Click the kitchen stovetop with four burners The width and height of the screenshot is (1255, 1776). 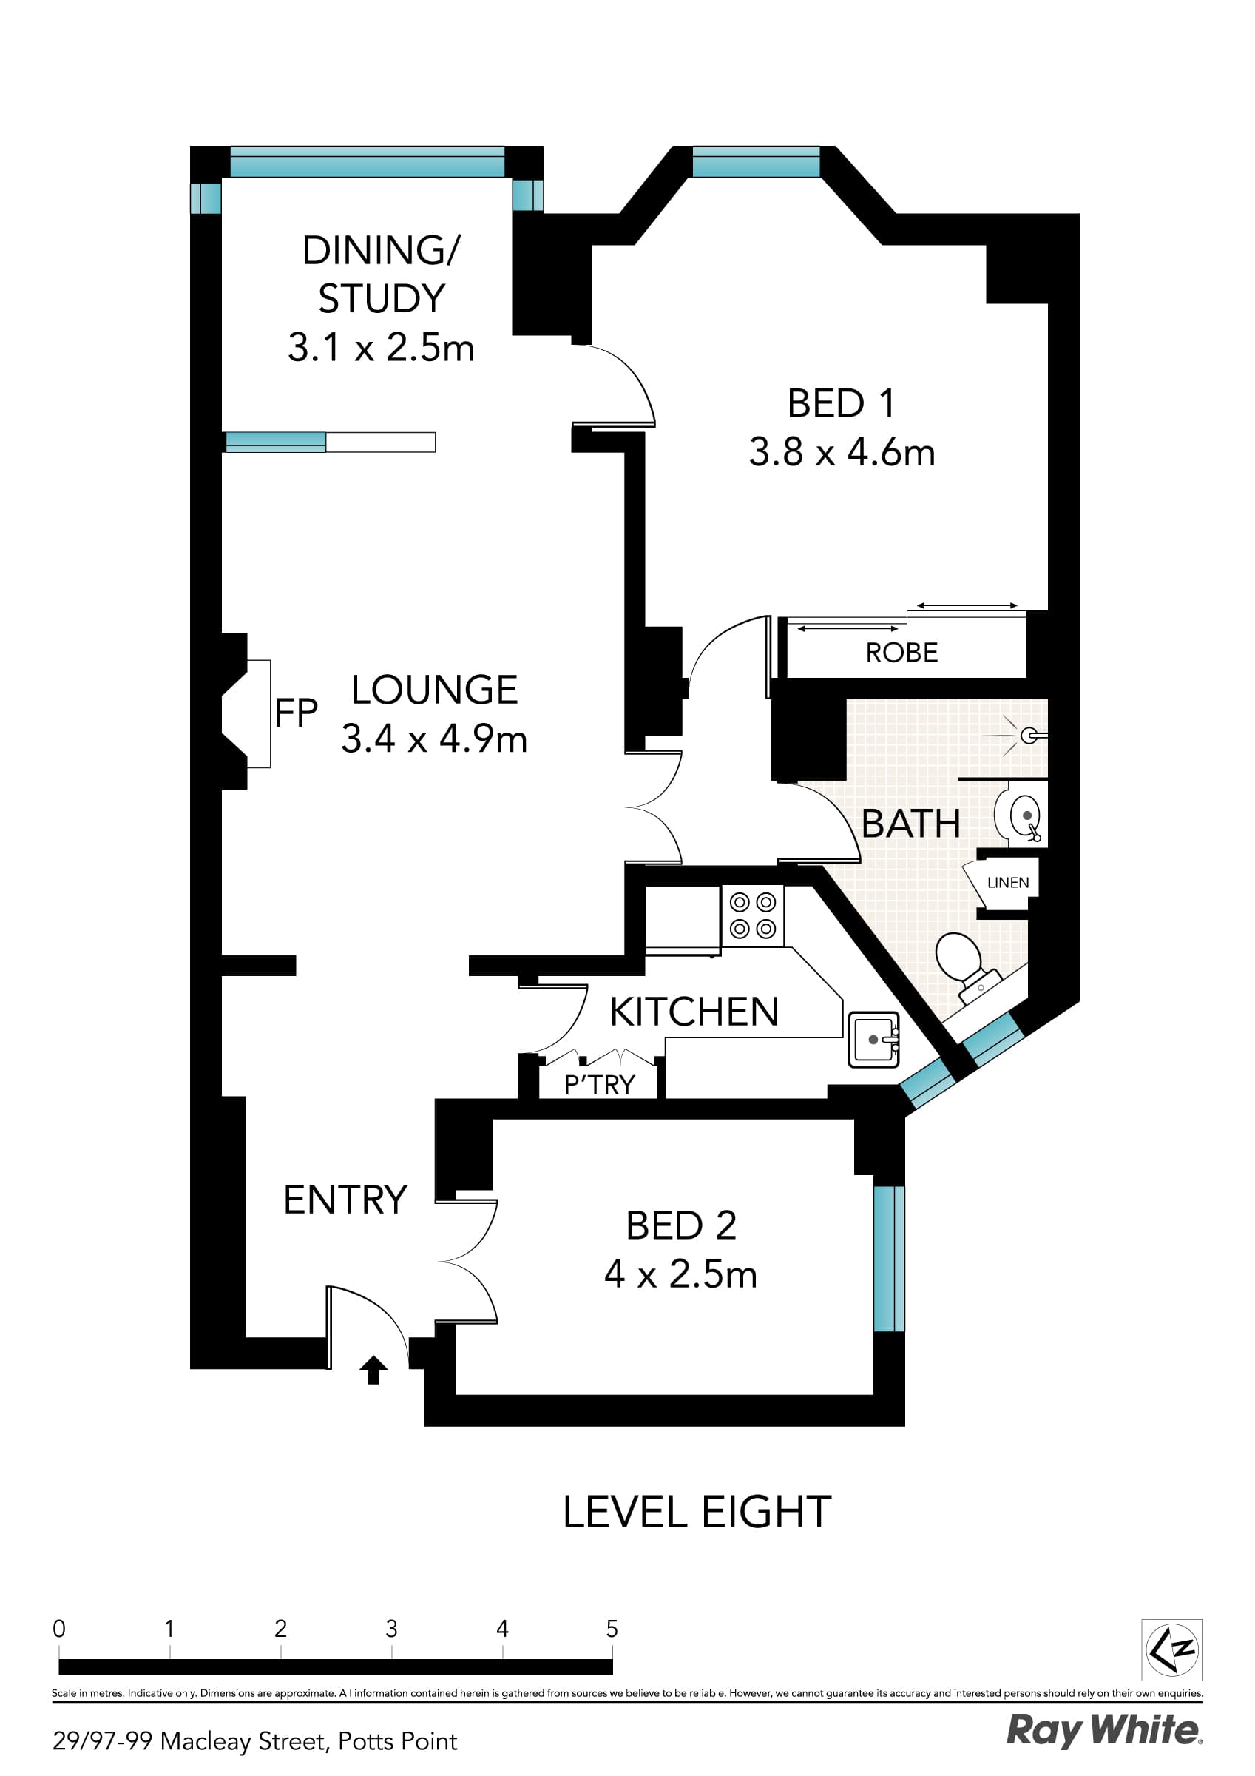point(752,915)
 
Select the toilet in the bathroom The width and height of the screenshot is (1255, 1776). point(962,963)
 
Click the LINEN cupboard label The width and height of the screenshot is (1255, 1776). point(1007,883)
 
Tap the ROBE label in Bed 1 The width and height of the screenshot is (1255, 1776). point(901,653)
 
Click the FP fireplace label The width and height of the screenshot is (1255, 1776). point(295,713)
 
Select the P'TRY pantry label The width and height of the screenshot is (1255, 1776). point(599,1086)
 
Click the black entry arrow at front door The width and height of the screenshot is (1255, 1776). point(373,1370)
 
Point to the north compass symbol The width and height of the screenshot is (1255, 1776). point(1171,1650)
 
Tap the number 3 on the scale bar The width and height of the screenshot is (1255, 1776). point(391,1629)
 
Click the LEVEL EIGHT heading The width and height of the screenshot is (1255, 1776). point(696,1513)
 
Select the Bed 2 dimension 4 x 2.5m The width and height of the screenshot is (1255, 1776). point(680,1274)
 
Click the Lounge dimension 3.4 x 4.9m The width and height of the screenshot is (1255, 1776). point(434,739)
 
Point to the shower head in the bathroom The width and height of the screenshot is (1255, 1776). point(1029,736)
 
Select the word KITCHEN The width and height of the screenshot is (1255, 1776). point(694,1012)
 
